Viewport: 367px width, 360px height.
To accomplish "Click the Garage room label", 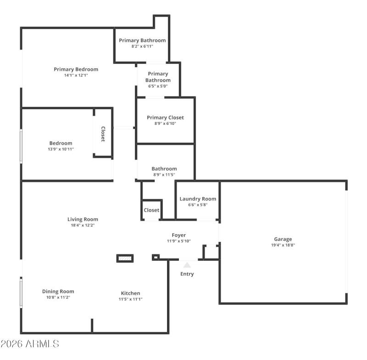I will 283,239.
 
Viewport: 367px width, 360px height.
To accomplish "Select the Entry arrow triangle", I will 187,264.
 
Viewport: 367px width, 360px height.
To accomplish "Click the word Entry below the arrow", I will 187,274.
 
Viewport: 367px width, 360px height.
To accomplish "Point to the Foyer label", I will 179,235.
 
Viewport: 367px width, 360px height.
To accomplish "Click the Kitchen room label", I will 131,293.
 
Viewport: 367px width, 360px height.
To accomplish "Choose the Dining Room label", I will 58,292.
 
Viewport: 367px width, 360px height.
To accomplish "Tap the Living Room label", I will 83,219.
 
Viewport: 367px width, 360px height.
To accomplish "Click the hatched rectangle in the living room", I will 125,259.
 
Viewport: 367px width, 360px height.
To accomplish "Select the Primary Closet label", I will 165,118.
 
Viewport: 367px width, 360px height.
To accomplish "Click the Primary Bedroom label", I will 76,69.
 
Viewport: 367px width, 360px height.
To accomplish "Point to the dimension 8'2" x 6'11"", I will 142,46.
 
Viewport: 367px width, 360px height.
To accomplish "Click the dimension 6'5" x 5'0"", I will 158,86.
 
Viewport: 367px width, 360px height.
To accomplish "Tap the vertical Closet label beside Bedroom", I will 103,134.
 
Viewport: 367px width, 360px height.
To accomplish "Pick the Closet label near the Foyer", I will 151,210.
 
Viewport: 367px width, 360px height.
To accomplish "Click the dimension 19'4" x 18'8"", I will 283,245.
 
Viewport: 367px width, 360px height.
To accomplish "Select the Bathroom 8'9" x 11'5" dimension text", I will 164,175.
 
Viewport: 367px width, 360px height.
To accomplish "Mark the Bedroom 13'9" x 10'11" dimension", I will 61,149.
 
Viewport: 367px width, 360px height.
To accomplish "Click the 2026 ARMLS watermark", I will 30,343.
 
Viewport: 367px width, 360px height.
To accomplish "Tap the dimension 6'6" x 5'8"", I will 198,205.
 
